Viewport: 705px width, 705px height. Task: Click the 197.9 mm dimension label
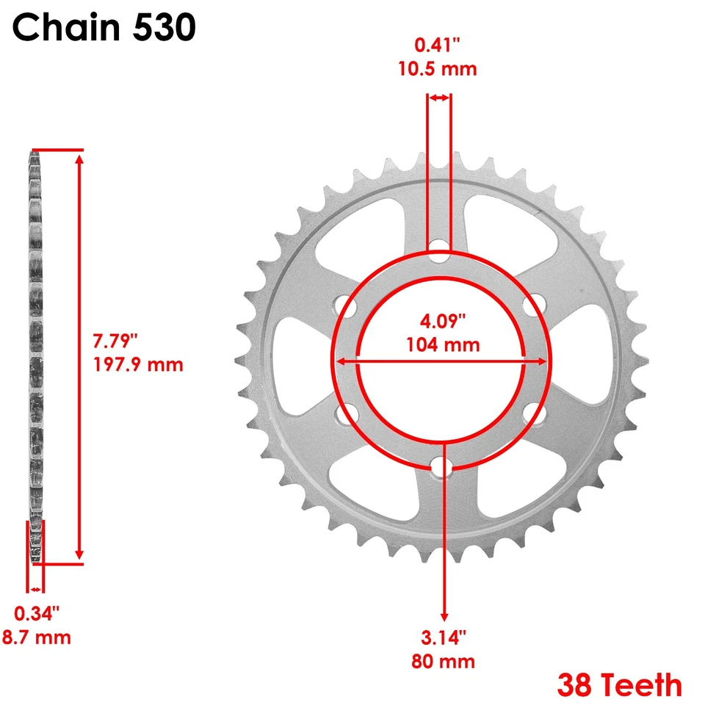[138, 364]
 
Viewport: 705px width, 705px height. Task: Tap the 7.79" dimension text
[115, 341]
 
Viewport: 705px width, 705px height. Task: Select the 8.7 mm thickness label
[37, 637]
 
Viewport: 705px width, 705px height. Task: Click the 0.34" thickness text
[37, 612]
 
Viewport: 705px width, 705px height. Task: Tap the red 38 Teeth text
[619, 685]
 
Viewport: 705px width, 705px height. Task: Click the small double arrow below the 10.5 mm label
[439, 98]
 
